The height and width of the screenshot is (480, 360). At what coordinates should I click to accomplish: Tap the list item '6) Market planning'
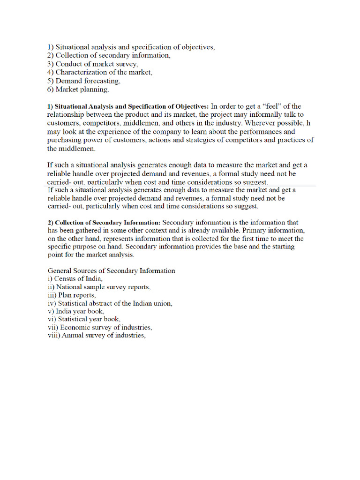click(x=78, y=89)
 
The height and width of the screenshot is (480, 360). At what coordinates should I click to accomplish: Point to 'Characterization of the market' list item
click(x=100, y=72)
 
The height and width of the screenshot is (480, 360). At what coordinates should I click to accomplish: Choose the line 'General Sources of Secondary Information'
click(x=112, y=270)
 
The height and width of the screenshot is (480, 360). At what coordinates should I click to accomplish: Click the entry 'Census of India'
click(x=75, y=278)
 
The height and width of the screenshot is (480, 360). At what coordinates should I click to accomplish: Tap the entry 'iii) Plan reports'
click(x=72, y=295)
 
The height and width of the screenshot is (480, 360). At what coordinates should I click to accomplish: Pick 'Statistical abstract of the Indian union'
click(x=110, y=303)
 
